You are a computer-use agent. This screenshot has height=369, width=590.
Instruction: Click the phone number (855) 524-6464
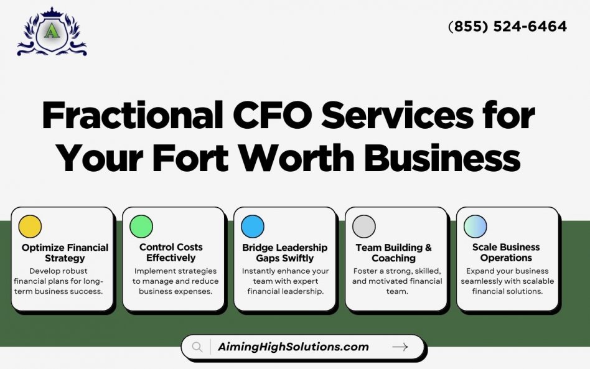tap(508, 26)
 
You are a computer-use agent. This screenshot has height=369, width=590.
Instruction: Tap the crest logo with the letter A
tap(52, 32)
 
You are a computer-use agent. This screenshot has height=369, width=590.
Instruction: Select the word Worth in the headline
tap(297, 157)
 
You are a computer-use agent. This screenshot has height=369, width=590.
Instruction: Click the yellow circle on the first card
tap(30, 227)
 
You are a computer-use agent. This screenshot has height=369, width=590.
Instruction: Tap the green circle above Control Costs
tap(141, 227)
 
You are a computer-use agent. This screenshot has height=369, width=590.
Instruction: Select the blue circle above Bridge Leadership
tap(253, 227)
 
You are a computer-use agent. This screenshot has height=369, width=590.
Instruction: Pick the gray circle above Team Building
tap(364, 227)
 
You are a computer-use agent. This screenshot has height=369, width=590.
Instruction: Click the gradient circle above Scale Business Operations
tap(475, 227)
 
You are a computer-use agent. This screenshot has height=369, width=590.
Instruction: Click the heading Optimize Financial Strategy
tap(65, 253)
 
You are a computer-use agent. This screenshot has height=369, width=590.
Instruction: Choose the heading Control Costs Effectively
tap(171, 253)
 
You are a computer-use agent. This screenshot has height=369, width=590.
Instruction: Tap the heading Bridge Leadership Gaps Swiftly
tap(285, 253)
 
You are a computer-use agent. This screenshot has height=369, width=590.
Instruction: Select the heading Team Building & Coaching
tap(393, 253)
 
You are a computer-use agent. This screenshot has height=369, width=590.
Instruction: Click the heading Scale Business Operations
tap(506, 253)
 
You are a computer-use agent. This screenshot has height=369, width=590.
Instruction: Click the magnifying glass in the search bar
tap(197, 347)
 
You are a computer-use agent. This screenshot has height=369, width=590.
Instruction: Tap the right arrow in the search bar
tap(400, 347)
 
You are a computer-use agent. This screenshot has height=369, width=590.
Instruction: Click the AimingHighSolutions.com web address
tap(293, 347)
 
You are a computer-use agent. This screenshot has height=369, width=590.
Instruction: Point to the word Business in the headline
tap(442, 157)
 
